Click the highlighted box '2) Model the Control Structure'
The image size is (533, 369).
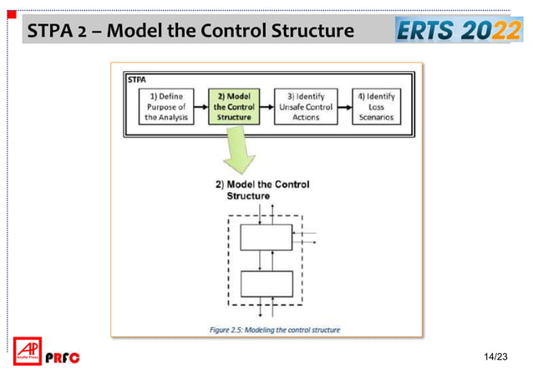234,107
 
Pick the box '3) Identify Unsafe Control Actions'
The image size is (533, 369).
304,107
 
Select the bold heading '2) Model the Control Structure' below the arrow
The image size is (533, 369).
262,189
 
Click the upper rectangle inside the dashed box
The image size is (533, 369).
266,236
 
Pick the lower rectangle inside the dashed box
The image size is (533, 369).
266,285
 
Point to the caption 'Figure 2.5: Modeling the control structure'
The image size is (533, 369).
275,329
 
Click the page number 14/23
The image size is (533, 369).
496,356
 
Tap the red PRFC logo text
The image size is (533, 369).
62,357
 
